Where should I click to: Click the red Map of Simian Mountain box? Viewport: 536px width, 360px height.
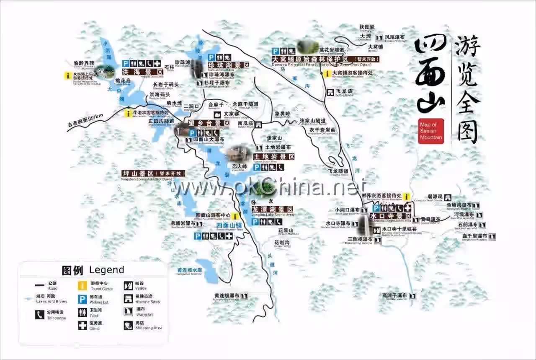tap(430, 131)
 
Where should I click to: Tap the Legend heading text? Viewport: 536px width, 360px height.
tap(106, 270)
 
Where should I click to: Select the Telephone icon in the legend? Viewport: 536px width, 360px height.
tap(40, 314)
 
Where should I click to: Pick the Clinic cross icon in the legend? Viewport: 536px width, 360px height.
tap(82, 325)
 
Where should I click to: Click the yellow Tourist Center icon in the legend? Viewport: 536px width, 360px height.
tap(82, 285)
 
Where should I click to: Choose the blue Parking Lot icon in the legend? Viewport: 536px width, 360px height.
tap(82, 299)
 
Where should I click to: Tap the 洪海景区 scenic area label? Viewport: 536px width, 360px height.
tap(142, 72)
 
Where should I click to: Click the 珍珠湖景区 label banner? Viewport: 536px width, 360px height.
tap(229, 65)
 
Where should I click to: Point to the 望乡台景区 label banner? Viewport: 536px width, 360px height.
tap(205, 123)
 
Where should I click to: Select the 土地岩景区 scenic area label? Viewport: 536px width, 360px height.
tap(274, 157)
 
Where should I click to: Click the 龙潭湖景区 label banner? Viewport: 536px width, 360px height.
tap(273, 209)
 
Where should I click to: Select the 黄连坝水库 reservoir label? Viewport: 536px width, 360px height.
tap(189, 270)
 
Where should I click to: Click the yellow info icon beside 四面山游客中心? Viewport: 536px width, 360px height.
tap(235, 216)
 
